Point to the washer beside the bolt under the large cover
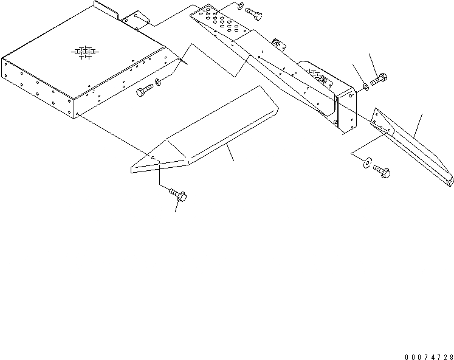pos(159,81)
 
